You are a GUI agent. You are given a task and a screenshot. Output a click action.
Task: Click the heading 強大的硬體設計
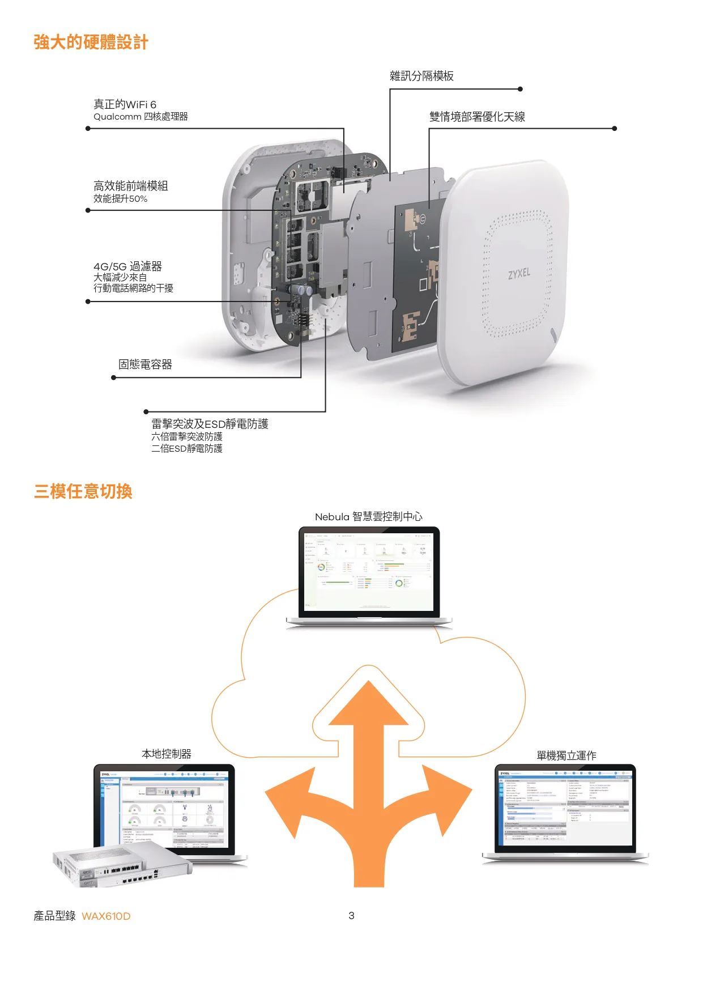click(x=91, y=43)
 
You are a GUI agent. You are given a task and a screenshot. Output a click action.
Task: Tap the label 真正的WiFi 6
click(x=125, y=104)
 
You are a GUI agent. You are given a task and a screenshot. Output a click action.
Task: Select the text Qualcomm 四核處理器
click(x=140, y=117)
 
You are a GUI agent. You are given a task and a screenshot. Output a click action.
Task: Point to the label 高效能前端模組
click(x=130, y=186)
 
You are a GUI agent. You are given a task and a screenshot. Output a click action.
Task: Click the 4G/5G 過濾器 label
click(x=127, y=266)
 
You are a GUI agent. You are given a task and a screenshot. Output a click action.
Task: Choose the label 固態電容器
click(x=145, y=364)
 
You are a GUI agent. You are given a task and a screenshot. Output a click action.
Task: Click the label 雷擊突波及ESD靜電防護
click(x=210, y=424)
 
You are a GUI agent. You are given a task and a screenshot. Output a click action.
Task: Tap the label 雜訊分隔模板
click(x=421, y=76)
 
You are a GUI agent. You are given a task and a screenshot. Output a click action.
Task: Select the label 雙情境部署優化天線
click(x=477, y=117)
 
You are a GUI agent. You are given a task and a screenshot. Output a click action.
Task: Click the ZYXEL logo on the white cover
click(x=519, y=274)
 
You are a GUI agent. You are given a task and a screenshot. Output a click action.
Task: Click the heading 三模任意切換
click(x=83, y=491)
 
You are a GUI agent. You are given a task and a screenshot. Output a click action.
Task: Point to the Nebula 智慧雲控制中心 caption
click(x=368, y=517)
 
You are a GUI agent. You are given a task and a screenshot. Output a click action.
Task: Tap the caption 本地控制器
click(x=167, y=754)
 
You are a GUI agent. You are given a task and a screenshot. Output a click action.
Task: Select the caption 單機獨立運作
click(x=566, y=756)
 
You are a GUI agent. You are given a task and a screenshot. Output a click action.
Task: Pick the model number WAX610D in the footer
click(x=106, y=916)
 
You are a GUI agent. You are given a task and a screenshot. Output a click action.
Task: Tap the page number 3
click(x=351, y=916)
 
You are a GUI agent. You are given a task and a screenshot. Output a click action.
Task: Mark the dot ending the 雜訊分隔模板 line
click(x=520, y=89)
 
